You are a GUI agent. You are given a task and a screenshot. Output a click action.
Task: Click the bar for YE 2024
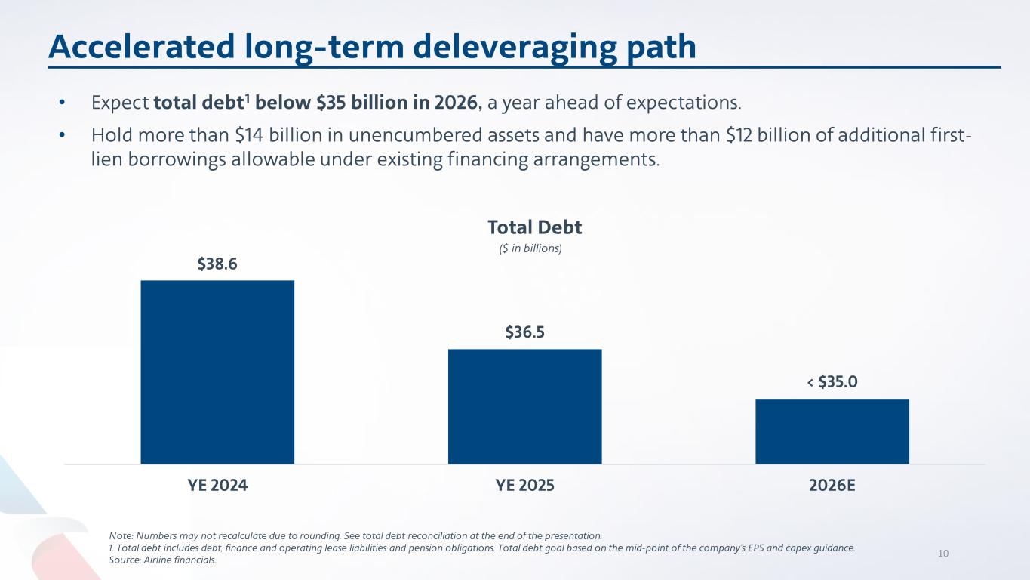(x=217, y=372)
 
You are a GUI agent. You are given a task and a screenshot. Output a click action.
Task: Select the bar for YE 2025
(x=524, y=406)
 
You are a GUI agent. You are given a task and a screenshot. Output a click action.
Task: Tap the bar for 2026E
(x=832, y=431)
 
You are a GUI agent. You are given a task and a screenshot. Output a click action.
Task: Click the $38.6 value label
(x=217, y=264)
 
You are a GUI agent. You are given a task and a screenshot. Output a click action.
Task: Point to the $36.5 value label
(x=524, y=332)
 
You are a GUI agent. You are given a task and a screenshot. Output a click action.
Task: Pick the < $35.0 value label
(x=832, y=382)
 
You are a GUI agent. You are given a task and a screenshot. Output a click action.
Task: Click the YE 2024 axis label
(x=217, y=486)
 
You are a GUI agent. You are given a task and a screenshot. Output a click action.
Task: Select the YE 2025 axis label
(x=524, y=486)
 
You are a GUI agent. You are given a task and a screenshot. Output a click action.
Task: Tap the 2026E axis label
(x=832, y=486)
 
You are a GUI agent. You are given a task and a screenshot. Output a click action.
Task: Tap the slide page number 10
(x=942, y=554)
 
